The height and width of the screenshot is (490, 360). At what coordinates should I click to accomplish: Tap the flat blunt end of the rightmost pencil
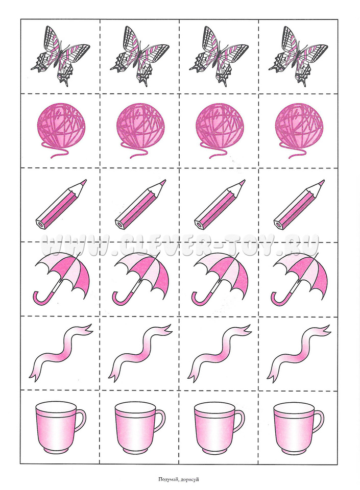point(278,224)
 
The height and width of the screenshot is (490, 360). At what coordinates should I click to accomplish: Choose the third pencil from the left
point(220,204)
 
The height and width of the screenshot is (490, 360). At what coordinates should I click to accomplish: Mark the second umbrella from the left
point(140,278)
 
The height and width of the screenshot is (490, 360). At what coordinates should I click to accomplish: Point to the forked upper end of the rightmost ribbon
point(323,329)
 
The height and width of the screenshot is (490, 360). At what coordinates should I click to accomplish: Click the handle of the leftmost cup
point(81,420)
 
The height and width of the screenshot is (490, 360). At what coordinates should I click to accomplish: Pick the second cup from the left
point(139,428)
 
